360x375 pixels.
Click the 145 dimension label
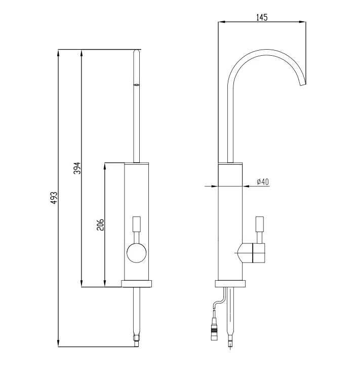tap(262, 17)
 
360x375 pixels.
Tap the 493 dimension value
tap(55, 198)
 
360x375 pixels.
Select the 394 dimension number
tap(77, 168)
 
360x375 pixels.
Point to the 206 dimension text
tap(101, 224)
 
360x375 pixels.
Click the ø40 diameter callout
tap(263, 182)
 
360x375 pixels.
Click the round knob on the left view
tap(136, 253)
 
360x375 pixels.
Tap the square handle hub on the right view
tap(259, 253)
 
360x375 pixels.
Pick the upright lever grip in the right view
tap(260, 224)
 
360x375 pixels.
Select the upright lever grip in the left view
tap(137, 224)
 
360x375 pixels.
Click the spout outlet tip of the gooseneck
tap(303, 85)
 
